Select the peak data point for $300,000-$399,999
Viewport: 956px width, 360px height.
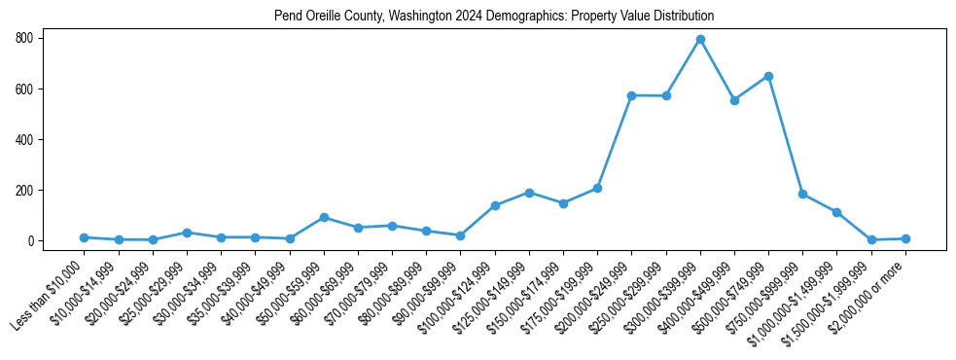point(700,40)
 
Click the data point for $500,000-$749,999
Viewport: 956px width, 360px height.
point(768,76)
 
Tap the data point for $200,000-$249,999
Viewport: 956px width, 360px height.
point(631,95)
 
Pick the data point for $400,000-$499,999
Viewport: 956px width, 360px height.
point(734,100)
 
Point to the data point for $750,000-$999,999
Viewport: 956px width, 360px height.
point(802,194)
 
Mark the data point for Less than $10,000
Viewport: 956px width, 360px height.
point(85,237)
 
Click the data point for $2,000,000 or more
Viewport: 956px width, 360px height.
point(905,238)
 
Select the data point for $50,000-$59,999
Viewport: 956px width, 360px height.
point(324,217)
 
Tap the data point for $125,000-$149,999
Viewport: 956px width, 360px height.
point(529,193)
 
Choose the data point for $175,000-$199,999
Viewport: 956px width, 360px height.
point(597,188)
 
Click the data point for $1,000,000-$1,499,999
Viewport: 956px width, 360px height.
point(836,212)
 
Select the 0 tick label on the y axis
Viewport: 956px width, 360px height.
point(32,240)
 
